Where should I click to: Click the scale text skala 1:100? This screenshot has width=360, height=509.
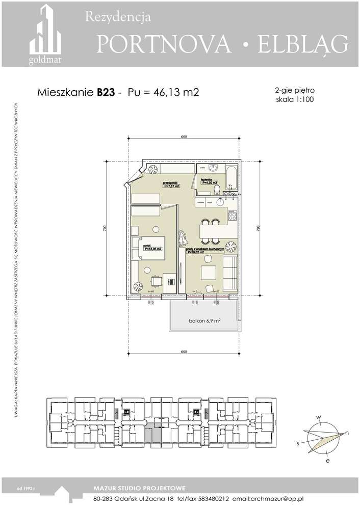click(294, 99)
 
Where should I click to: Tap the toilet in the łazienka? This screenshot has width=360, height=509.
click(218, 190)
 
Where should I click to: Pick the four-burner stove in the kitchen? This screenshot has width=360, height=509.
click(233, 216)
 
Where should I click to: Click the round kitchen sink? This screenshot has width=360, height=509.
click(220, 202)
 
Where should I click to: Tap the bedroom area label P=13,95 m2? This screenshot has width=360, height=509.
click(152, 250)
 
